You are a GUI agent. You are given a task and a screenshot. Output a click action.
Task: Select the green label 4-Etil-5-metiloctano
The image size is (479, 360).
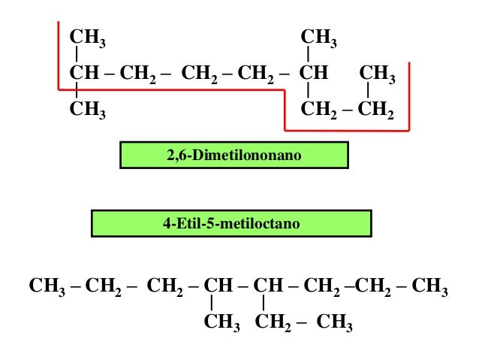(231, 223)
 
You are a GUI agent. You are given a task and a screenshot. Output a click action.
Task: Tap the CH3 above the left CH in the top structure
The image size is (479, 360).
(87, 38)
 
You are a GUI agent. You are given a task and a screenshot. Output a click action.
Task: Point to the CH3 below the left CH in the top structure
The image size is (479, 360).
(87, 110)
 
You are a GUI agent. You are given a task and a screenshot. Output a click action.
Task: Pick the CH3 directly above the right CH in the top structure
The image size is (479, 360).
(318, 38)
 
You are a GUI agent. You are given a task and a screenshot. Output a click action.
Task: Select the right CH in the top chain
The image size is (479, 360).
(314, 74)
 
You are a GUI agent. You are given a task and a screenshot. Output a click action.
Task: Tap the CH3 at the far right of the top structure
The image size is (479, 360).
(378, 74)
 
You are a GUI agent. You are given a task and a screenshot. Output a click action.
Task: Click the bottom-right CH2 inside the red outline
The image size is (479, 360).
(375, 110)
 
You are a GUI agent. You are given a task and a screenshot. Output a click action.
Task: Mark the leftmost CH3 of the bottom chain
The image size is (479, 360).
(47, 287)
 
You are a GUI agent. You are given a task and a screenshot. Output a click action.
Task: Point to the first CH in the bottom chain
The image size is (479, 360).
(218, 287)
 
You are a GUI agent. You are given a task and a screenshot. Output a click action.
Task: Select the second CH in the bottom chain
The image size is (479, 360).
(268, 287)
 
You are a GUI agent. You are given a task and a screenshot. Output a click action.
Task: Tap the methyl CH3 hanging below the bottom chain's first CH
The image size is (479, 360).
(221, 324)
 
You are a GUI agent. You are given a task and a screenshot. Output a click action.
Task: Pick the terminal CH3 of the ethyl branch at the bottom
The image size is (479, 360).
(334, 324)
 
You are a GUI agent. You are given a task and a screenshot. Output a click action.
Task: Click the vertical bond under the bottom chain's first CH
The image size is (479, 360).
(213, 304)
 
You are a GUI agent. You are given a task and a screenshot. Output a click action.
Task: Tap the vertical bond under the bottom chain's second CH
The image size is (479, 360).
(264, 304)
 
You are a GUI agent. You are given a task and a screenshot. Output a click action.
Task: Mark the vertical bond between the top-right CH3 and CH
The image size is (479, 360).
(308, 55)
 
